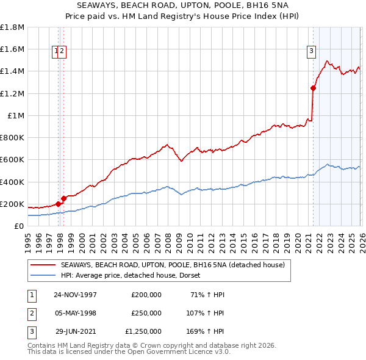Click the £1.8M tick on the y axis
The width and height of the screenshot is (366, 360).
(12, 27)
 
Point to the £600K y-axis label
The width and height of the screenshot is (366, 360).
(12, 160)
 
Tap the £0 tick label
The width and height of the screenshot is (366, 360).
(18, 226)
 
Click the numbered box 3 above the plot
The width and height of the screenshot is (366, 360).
(311, 52)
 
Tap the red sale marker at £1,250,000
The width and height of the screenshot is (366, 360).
(313, 88)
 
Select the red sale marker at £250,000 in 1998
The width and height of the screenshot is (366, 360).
(63, 198)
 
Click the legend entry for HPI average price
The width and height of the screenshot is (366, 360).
(134, 276)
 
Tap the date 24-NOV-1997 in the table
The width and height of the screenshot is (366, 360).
(76, 294)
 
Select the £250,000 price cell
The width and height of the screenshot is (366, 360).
(146, 312)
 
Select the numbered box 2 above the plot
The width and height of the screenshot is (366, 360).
(62, 52)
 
